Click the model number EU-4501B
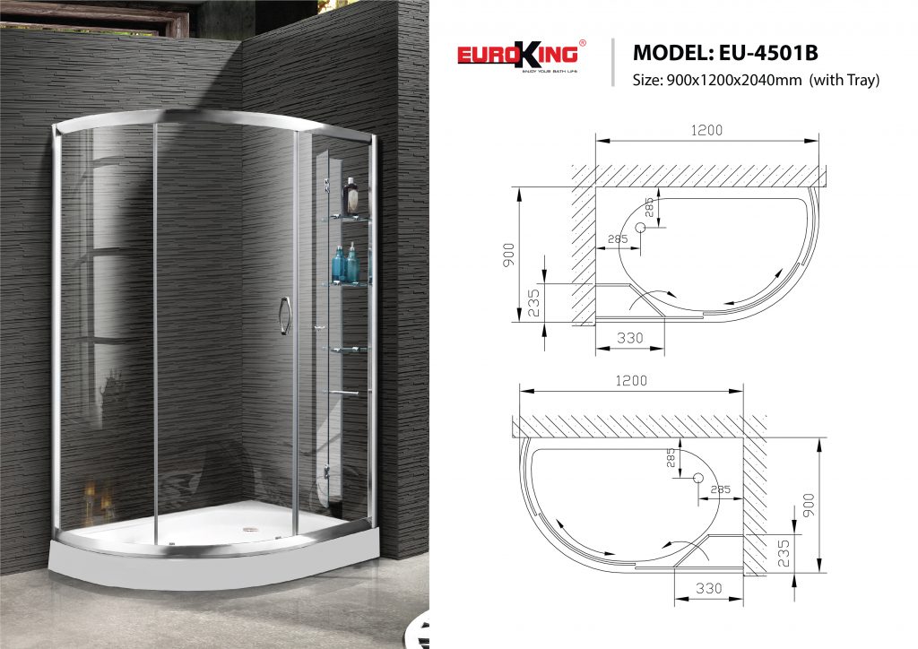[x=768, y=53]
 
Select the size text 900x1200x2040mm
[x=733, y=80]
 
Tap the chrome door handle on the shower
[x=284, y=316]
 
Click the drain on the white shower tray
[x=251, y=530]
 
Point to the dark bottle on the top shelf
[x=351, y=196]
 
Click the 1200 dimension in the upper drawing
[x=706, y=130]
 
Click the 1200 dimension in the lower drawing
[x=631, y=380]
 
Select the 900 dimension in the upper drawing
[x=508, y=255]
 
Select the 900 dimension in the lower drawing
[x=809, y=505]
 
